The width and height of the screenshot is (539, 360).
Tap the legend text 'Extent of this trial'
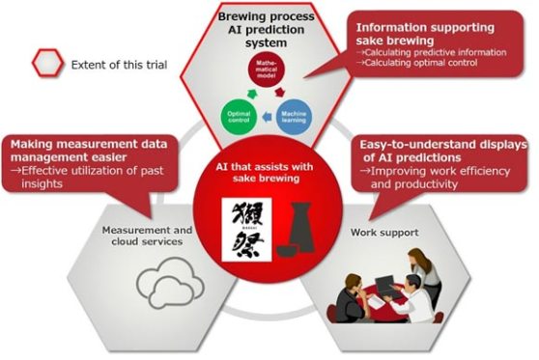[x=117, y=66]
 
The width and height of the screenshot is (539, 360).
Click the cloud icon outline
[x=168, y=283]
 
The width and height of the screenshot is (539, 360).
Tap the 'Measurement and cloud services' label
[x=146, y=235]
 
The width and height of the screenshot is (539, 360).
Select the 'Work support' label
[x=368, y=232]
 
